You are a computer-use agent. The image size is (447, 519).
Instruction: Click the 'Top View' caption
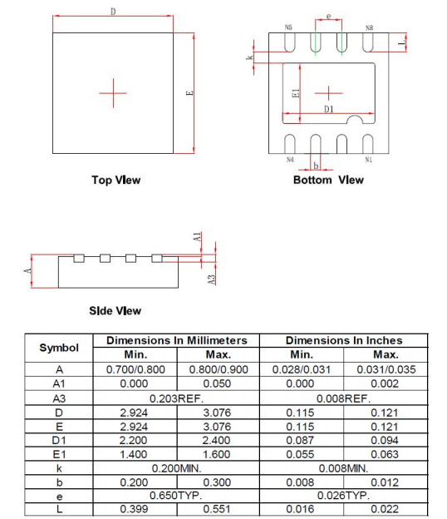[x=116, y=180]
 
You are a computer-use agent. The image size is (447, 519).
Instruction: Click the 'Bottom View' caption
[x=328, y=180]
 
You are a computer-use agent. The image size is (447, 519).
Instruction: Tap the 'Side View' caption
[x=115, y=311]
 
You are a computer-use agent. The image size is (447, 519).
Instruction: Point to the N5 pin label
[x=288, y=27]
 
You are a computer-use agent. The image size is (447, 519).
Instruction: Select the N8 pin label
[x=369, y=27]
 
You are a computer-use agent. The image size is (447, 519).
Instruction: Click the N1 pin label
[x=368, y=160]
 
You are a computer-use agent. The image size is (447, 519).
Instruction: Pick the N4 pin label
[x=290, y=160]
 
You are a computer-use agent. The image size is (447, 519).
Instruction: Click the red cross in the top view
[x=113, y=93]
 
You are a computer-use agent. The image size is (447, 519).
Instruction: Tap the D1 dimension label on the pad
[x=329, y=109]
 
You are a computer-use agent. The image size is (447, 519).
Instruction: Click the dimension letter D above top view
[x=113, y=12]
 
